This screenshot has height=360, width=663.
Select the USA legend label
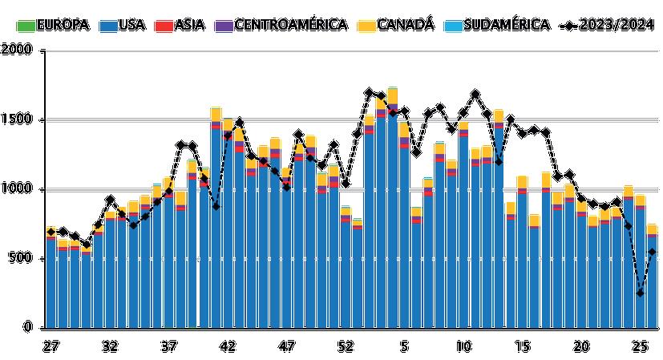pyautogui.click(x=121, y=25)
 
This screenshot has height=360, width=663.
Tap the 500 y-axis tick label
pyautogui.click(x=22, y=259)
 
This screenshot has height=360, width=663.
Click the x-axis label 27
pyautogui.click(x=51, y=346)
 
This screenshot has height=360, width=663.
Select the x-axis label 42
pyautogui.click(x=228, y=346)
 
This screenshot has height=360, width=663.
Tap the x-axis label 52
pyautogui.click(x=346, y=346)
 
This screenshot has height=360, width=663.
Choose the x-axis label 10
pyautogui.click(x=463, y=346)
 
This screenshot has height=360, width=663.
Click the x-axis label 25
pyautogui.click(x=640, y=346)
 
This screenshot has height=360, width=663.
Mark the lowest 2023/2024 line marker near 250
pyautogui.click(x=640, y=293)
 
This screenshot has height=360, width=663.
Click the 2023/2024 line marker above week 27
pyautogui.click(x=51, y=232)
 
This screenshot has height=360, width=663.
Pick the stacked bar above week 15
pyautogui.click(x=522, y=252)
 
